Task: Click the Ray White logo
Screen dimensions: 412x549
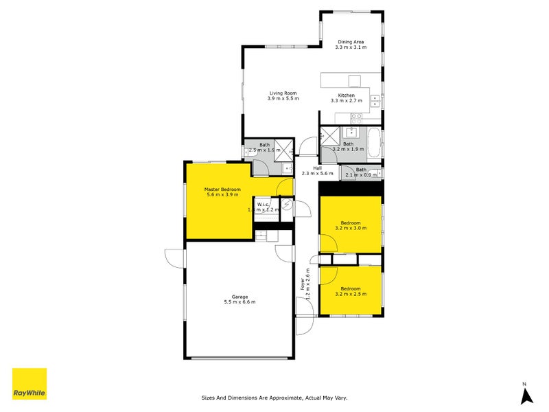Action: tap(30, 385)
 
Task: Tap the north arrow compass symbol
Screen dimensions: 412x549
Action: tap(526, 394)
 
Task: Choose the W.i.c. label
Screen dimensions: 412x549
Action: tap(263, 204)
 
